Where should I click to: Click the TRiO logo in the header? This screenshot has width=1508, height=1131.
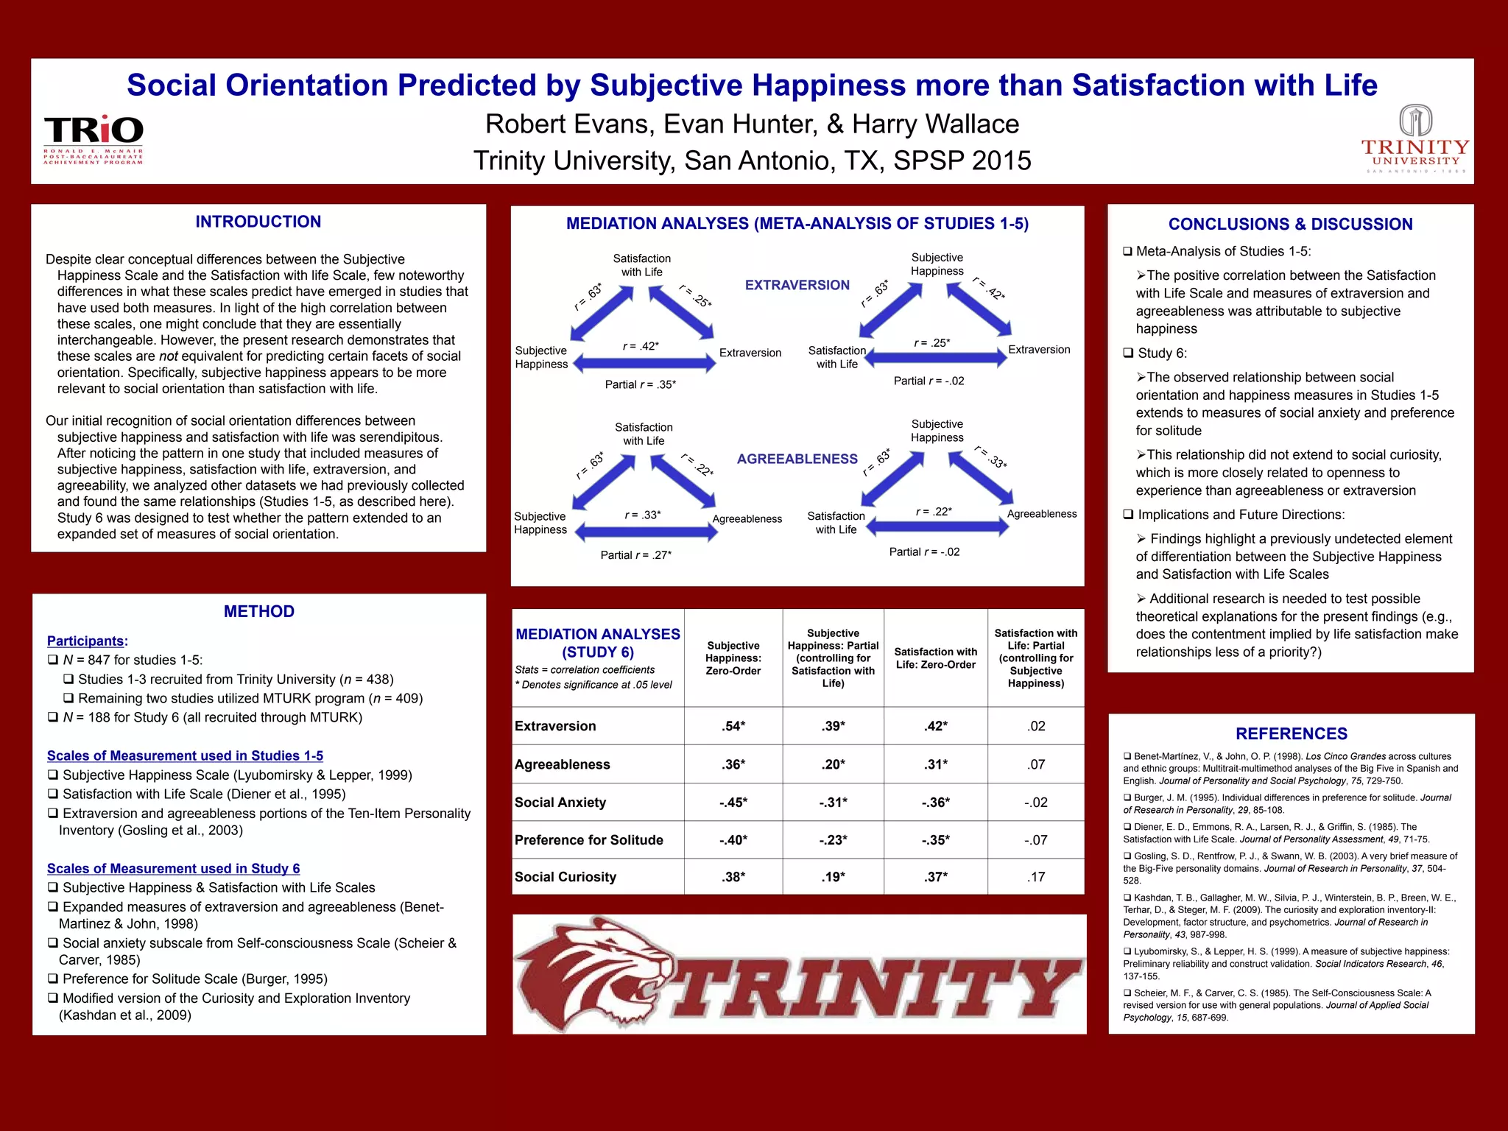click(x=94, y=138)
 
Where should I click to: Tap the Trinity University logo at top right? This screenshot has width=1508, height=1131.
click(x=1414, y=139)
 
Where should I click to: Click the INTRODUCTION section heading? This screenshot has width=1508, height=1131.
click(x=258, y=222)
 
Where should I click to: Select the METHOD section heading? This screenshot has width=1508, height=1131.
click(x=259, y=611)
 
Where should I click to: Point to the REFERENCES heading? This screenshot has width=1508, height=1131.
click(x=1292, y=733)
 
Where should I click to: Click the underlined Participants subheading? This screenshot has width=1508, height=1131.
click(x=87, y=641)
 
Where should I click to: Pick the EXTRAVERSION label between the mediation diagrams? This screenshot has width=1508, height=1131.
click(x=797, y=285)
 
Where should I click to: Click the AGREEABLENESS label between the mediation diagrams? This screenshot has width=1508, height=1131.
click(x=797, y=459)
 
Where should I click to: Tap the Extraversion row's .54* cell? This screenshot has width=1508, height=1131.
click(x=733, y=726)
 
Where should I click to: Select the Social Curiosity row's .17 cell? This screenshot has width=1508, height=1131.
click(x=1036, y=877)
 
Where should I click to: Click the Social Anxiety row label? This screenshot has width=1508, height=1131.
click(x=560, y=803)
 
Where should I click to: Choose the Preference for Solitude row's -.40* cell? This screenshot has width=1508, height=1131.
click(x=733, y=840)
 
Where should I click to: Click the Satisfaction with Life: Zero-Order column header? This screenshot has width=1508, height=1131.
click(x=935, y=658)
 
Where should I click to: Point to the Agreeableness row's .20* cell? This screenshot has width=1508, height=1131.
click(x=834, y=764)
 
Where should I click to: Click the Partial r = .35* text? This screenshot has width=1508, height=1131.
click(x=640, y=384)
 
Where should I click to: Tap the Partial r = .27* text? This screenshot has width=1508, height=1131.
click(x=635, y=555)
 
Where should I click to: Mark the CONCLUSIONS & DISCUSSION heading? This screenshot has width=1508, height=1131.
click(x=1290, y=224)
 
